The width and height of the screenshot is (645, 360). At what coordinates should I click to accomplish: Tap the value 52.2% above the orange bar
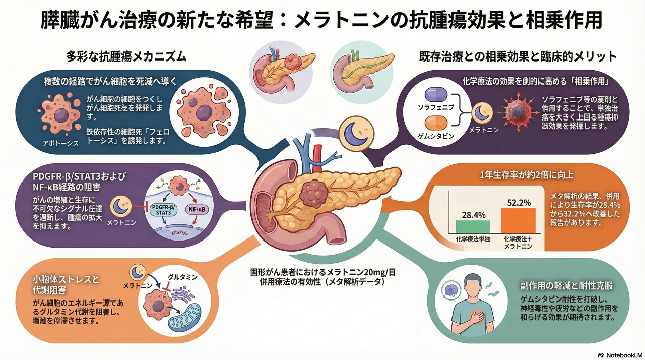click(518, 202)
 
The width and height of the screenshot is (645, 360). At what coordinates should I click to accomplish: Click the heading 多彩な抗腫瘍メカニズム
click(126, 57)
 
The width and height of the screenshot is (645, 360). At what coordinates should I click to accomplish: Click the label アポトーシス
click(61, 143)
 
